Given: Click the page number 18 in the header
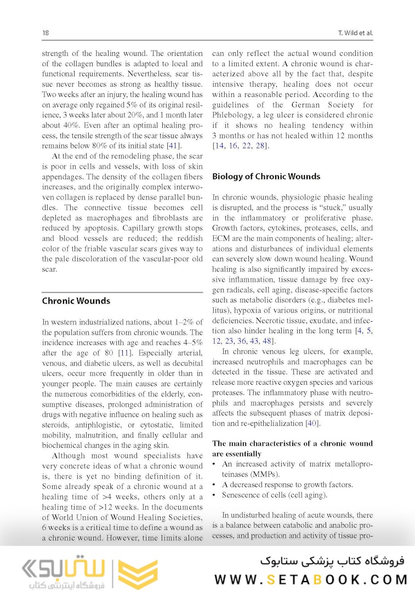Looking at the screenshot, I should [x=46, y=33].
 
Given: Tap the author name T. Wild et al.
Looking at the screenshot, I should [x=355, y=33].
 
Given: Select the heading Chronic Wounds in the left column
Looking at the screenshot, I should [x=76, y=301].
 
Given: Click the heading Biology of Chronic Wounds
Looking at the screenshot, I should [x=266, y=177].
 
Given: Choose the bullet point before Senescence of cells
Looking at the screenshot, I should [x=214, y=495].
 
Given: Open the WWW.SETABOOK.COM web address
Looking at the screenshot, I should [x=311, y=580].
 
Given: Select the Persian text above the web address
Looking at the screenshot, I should [x=332, y=561].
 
